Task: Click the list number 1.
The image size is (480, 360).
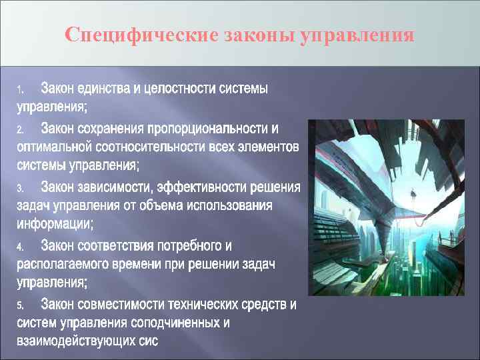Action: click(20, 89)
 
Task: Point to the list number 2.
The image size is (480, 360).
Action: click(20, 129)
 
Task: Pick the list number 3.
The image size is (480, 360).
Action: click(20, 188)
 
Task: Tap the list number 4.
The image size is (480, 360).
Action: click(20, 247)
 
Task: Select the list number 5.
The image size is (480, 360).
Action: click(20, 306)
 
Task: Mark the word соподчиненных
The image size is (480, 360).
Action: click(184, 324)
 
